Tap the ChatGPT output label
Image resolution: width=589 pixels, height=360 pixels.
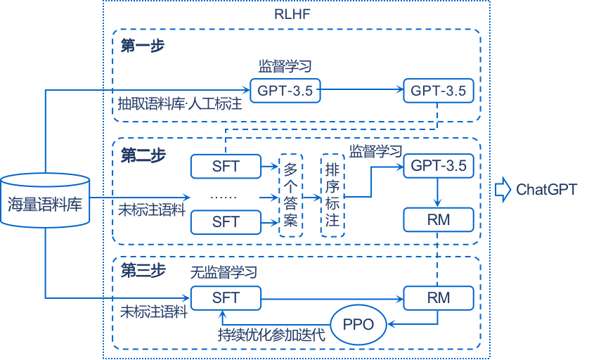[546, 189]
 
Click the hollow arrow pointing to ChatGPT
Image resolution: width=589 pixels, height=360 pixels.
[503, 189]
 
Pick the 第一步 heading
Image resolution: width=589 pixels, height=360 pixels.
[143, 46]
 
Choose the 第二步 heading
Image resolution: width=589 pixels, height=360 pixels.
[143, 155]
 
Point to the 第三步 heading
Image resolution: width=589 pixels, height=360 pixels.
[143, 270]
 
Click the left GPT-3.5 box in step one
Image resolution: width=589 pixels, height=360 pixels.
[285, 90]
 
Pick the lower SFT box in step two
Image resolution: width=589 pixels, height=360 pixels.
[226, 221]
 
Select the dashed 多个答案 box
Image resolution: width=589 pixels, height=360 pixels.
[290, 195]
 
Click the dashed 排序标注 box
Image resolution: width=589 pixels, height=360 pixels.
[332, 195]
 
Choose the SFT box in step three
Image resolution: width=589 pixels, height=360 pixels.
[226, 297]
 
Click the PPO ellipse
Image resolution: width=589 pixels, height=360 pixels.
[359, 324]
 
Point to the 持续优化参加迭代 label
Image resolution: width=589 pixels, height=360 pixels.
[271, 334]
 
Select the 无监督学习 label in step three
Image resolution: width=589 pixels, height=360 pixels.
[224, 271]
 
